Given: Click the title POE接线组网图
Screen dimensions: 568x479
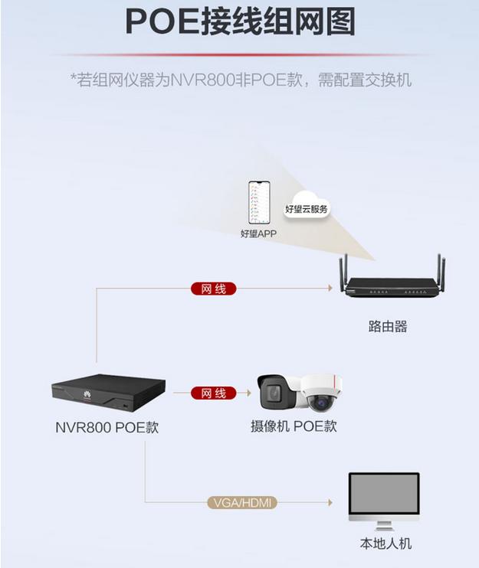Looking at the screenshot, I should click(239, 23).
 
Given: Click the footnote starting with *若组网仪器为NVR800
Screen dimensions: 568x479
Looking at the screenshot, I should click(240, 80).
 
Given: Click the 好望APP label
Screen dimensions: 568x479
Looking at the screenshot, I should click(258, 233).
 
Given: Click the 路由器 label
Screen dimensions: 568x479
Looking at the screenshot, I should click(387, 327).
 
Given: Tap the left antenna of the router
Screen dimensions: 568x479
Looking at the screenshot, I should click(344, 268).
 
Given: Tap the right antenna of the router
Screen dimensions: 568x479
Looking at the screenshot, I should click(443, 269).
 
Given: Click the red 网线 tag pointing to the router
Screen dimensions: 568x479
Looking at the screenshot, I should click(213, 289).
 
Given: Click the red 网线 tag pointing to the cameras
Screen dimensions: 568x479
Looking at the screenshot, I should click(213, 393).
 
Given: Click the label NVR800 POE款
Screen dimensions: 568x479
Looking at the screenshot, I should click(107, 427).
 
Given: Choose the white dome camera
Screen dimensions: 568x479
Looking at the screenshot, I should click(322, 395).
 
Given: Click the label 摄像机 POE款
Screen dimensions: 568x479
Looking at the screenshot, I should click(294, 426).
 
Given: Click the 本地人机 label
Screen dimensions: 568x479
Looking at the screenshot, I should click(386, 544).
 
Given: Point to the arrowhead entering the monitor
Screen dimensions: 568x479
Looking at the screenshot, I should click(330, 503).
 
